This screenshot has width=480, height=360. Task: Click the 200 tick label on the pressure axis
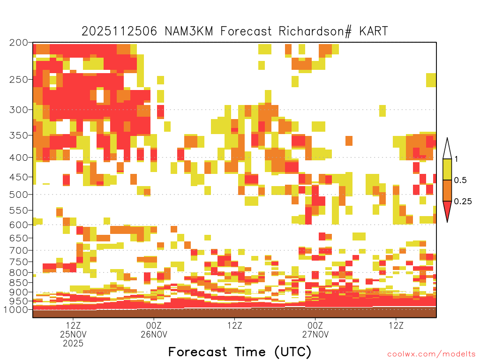19,43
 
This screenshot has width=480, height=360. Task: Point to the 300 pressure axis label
19,110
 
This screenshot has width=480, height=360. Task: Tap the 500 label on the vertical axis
19,195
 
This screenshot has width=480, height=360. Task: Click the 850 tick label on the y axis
19,282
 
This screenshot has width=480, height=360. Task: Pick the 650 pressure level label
19,238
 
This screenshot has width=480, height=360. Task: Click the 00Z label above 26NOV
154,325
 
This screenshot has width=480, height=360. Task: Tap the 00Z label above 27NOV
315,325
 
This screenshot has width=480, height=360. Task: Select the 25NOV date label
73,334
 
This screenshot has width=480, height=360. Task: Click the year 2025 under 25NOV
73,344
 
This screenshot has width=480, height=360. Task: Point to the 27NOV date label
315,334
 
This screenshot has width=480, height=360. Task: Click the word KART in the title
374,31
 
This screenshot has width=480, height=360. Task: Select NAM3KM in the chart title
188,31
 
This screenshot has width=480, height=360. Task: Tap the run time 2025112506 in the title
119,31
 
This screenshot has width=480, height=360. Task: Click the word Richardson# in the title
315,31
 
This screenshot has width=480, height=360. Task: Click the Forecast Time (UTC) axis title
240,352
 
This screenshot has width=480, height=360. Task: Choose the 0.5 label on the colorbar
460,180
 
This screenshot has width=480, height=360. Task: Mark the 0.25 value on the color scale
463,202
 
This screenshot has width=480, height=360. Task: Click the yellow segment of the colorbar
447,169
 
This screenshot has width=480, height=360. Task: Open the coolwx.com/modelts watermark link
431,354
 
